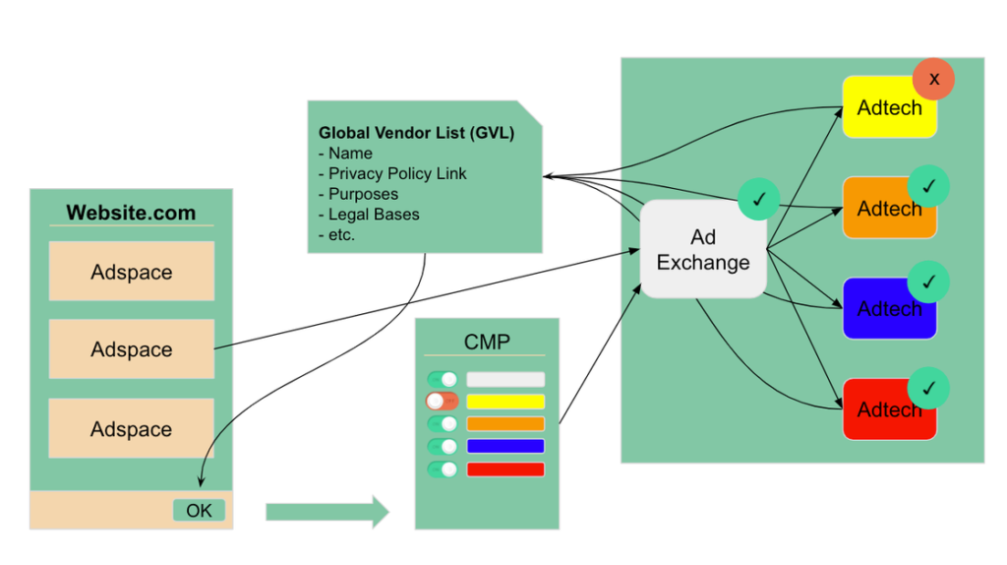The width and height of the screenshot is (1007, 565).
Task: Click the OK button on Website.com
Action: click(x=199, y=510)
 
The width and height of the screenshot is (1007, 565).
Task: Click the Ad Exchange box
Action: click(x=702, y=250)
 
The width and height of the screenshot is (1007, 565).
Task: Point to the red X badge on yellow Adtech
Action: click(x=933, y=79)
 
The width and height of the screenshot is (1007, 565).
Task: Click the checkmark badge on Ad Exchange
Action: click(x=758, y=200)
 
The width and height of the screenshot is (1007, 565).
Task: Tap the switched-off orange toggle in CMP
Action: click(x=443, y=402)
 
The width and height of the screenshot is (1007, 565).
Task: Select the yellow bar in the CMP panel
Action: click(x=504, y=402)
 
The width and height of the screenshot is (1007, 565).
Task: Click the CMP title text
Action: click(x=487, y=342)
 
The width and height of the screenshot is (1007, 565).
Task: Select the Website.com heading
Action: click(x=131, y=213)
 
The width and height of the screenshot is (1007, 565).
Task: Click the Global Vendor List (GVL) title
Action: click(x=416, y=133)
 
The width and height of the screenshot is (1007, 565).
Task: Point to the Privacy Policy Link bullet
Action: click(x=397, y=173)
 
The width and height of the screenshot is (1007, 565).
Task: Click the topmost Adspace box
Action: click(x=132, y=272)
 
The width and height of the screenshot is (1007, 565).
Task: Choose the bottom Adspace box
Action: click(x=132, y=429)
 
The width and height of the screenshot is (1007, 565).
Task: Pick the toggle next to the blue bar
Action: click(x=443, y=446)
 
